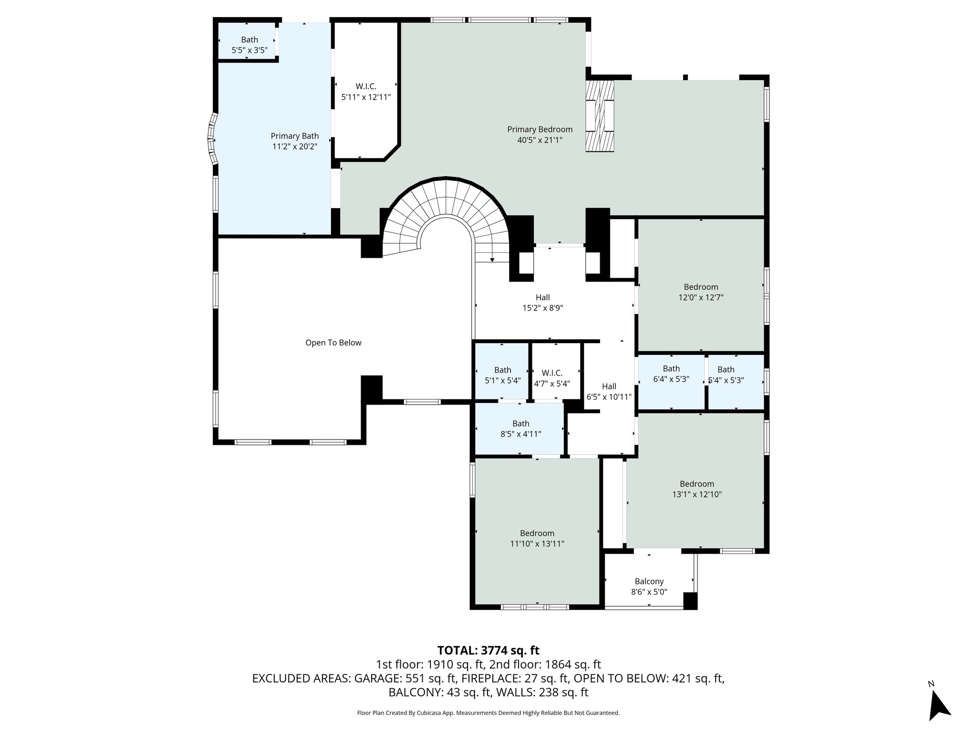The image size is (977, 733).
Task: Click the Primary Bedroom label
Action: click(540, 129)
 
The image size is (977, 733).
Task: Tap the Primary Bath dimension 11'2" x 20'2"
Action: click(294, 147)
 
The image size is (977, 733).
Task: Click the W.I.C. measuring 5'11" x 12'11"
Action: click(366, 92)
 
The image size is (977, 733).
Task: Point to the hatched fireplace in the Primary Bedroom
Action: click(600, 116)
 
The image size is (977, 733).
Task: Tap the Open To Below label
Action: click(333, 343)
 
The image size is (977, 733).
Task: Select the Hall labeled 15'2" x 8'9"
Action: click(542, 303)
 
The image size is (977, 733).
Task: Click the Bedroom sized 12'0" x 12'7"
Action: click(700, 292)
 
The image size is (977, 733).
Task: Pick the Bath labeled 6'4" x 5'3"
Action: click(671, 374)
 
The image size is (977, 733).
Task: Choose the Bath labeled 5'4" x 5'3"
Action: click(726, 375)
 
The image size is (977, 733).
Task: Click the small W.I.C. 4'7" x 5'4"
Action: click(552, 378)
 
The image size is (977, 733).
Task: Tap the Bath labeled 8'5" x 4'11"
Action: click(520, 429)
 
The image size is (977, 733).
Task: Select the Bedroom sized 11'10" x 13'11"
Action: click(537, 538)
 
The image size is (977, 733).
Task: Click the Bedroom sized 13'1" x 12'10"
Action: click(696, 489)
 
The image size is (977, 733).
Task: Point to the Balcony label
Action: click(649, 581)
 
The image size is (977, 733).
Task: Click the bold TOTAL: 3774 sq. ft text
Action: click(488, 650)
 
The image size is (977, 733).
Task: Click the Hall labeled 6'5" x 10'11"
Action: click(609, 391)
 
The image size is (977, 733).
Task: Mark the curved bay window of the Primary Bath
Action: click(211, 139)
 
